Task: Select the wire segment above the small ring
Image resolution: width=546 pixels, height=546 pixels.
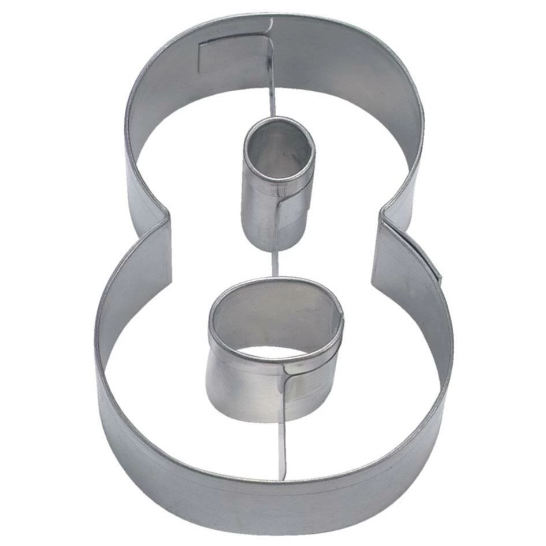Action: click(272, 92)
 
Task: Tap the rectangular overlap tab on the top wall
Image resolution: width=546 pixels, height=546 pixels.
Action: click(231, 55)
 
